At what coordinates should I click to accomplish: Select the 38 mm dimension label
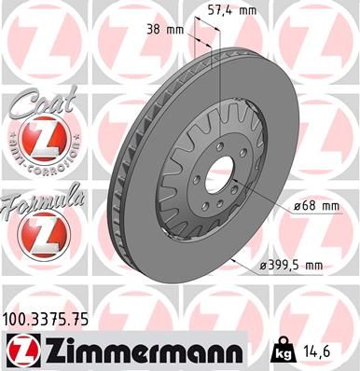[165, 30]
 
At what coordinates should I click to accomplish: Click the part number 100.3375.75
[47, 319]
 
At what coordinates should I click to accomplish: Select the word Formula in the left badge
[42, 199]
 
